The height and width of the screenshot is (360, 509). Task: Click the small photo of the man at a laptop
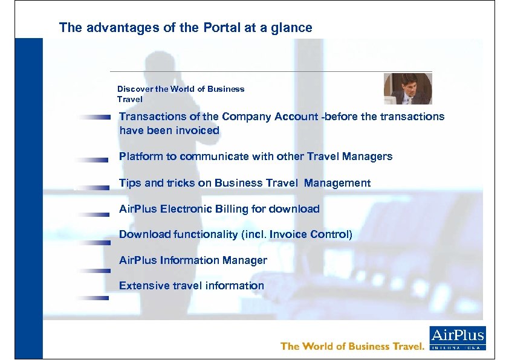(x=407, y=89)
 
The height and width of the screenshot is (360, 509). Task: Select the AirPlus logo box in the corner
(x=457, y=338)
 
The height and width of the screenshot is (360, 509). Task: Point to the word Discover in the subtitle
(x=135, y=89)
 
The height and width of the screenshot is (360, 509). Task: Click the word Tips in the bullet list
(x=129, y=183)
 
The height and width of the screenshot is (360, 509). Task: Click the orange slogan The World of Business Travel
(x=353, y=346)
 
